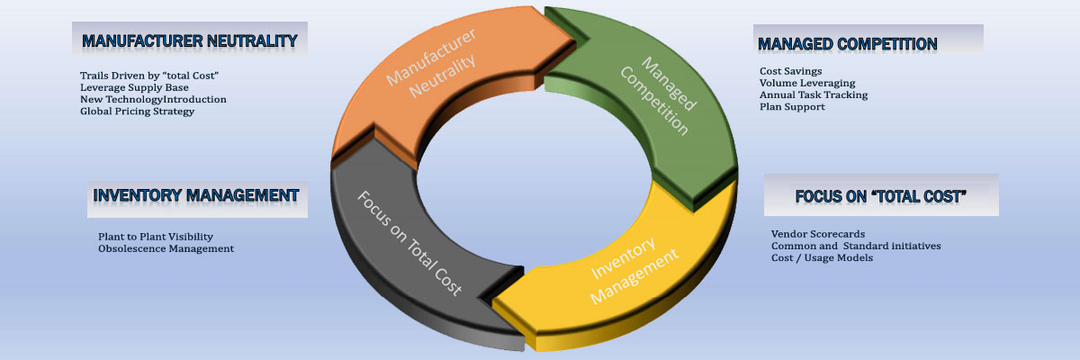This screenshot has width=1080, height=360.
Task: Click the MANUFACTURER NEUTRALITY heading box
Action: pyautogui.click(x=189, y=40)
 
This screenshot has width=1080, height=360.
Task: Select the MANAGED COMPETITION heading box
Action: pyautogui.click(x=867, y=43)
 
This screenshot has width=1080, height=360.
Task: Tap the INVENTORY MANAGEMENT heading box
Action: pyautogui.click(x=196, y=195)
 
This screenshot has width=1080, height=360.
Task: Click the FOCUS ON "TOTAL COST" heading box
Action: pyautogui.click(x=880, y=196)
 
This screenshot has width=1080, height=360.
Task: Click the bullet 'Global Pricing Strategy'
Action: pyautogui.click(x=137, y=112)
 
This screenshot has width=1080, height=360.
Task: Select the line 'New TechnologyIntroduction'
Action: pyautogui.click(x=153, y=99)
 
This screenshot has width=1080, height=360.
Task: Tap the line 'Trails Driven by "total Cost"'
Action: pyautogui.click(x=149, y=76)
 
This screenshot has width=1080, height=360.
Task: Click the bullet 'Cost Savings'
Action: pyautogui.click(x=790, y=70)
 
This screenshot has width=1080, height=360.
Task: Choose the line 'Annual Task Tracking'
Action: pyautogui.click(x=814, y=94)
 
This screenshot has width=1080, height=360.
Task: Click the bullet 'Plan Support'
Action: pyautogui.click(x=792, y=107)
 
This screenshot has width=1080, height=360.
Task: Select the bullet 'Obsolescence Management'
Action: pyautogui.click(x=166, y=248)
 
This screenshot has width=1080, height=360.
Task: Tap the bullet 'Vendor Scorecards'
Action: pyautogui.click(x=818, y=234)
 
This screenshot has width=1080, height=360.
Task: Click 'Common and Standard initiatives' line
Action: pyautogui.click(x=856, y=246)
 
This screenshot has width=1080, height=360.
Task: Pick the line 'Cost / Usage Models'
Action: pyautogui.click(x=822, y=257)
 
